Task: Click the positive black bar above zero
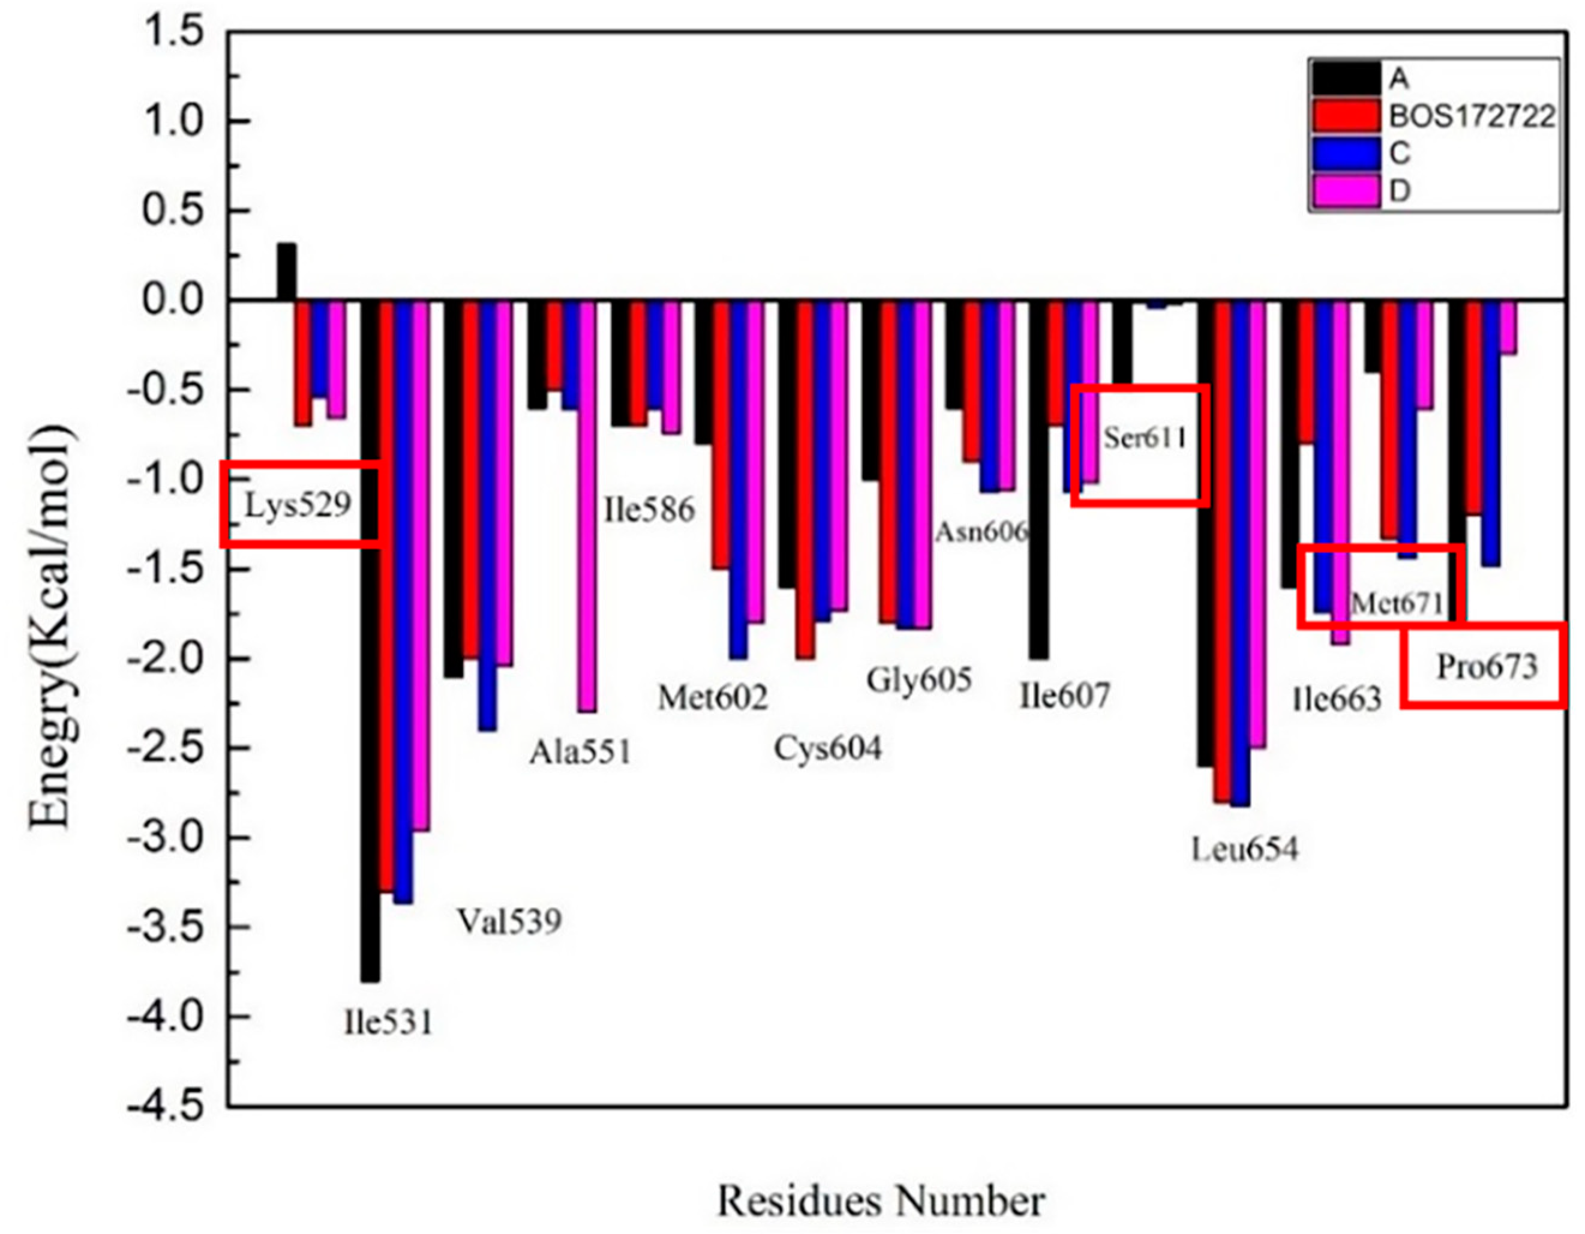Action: tap(286, 271)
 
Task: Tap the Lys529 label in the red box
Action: tap(298, 505)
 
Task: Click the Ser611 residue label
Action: tap(1145, 438)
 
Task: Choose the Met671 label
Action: tap(1397, 603)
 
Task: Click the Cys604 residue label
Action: tap(827, 748)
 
